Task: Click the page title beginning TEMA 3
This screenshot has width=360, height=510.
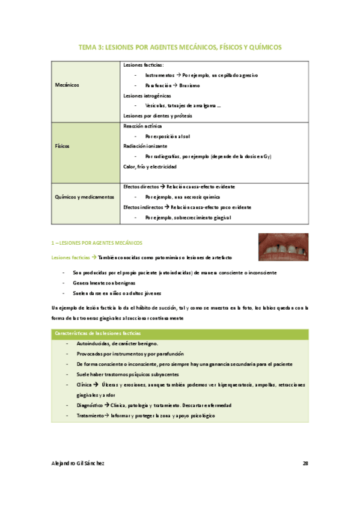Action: (x=180, y=46)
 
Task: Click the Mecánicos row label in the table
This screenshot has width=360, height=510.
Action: (x=67, y=85)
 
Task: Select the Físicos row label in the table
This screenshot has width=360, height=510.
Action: (x=63, y=146)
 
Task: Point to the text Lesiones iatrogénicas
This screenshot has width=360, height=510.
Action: (x=147, y=96)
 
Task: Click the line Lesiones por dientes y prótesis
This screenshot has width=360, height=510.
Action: (x=157, y=115)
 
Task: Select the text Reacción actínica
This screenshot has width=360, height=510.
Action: (x=142, y=126)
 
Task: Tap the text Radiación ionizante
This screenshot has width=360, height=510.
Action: (x=145, y=146)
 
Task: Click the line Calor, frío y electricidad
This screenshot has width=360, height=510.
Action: (x=154, y=166)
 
